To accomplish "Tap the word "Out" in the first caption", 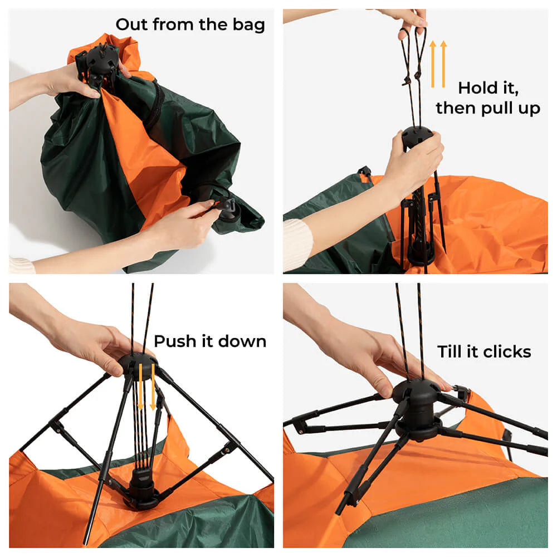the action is [132, 25].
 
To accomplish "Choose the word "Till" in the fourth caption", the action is [450, 351].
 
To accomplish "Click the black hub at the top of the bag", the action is [99, 58].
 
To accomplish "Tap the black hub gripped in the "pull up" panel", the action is [417, 137].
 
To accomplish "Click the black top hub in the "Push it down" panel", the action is [138, 363].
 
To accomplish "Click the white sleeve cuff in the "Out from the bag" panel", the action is [21, 265].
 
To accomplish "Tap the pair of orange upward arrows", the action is [438, 64].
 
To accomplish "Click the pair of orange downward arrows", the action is [146, 387].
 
